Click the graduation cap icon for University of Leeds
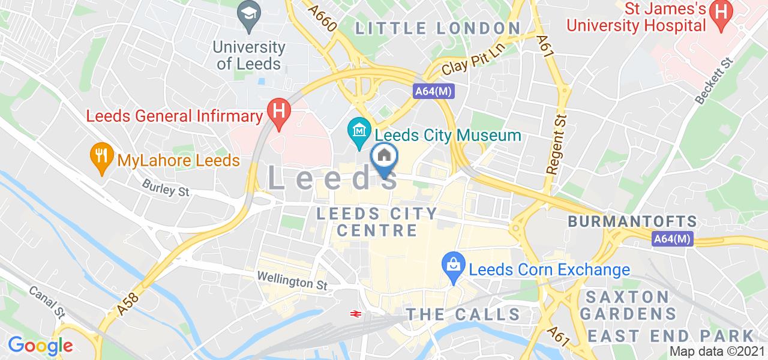point(247,13)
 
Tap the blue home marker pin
point(385,158)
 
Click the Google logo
point(40,346)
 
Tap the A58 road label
point(128,303)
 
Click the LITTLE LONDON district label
point(438,28)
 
